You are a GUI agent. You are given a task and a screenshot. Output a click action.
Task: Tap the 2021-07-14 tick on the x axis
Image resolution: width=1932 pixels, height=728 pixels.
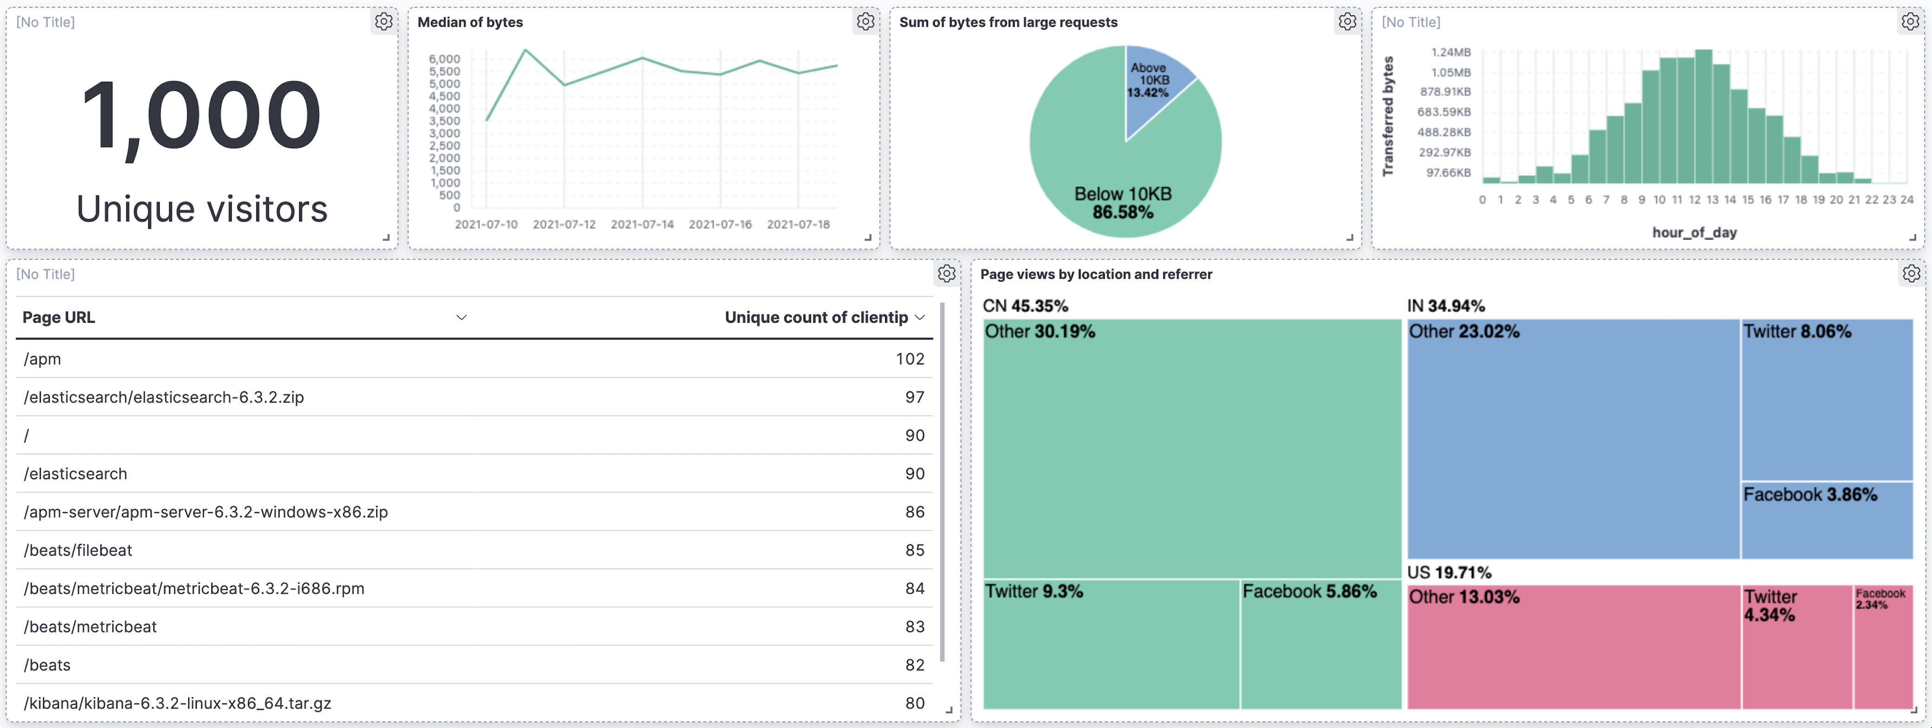642,224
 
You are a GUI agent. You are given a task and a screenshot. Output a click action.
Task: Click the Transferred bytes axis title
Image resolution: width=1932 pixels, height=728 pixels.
1388,116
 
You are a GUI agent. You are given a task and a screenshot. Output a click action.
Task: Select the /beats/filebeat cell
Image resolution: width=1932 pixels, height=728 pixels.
78,550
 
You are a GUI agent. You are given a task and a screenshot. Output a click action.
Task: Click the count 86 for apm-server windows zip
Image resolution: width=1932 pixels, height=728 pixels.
914,512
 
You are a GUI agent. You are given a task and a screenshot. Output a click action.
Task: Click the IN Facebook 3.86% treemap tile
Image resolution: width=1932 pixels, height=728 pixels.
1826,520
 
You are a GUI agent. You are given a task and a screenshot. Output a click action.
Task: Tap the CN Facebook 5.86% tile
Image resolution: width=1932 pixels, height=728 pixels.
1320,645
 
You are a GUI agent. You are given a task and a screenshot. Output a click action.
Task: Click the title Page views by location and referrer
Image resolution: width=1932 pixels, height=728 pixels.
1095,274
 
